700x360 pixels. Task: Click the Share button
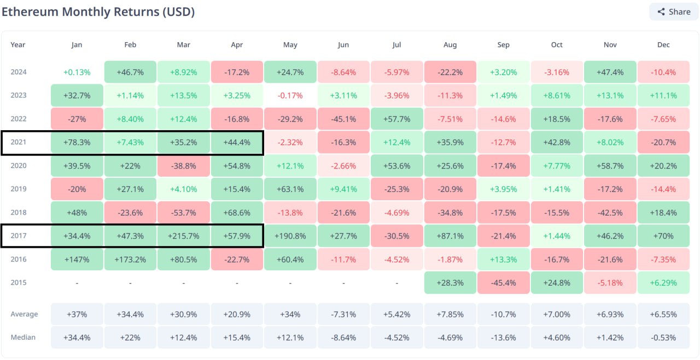[674, 11]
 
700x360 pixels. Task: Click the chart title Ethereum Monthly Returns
[98, 11]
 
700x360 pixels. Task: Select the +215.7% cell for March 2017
[184, 236]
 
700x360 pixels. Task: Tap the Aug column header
[450, 45]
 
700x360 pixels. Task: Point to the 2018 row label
[19, 212]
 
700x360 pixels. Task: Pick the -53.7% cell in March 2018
[184, 212]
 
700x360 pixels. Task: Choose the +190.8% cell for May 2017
[290, 236]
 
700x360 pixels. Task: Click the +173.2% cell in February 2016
[130, 259]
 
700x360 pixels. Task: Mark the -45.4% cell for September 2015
[503, 283]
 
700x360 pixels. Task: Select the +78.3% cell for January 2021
[77, 142]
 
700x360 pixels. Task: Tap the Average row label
[24, 314]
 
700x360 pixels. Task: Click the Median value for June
[343, 338]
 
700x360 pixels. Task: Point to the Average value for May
[290, 314]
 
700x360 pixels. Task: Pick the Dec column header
[663, 45]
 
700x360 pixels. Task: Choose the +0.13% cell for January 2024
[77, 72]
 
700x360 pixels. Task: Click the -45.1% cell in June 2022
[343, 119]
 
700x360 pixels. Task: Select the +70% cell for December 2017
[663, 236]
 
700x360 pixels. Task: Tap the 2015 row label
[19, 283]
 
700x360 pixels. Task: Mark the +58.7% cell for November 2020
[610, 166]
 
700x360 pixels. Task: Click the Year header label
[18, 45]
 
